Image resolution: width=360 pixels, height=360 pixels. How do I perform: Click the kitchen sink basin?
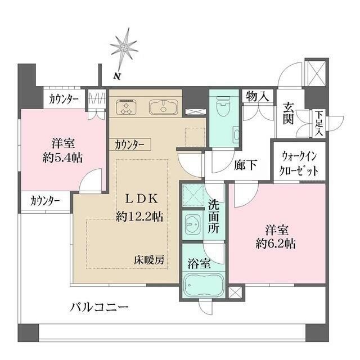[x=163, y=106]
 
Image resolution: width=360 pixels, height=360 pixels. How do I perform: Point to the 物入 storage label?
[x=257, y=97]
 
